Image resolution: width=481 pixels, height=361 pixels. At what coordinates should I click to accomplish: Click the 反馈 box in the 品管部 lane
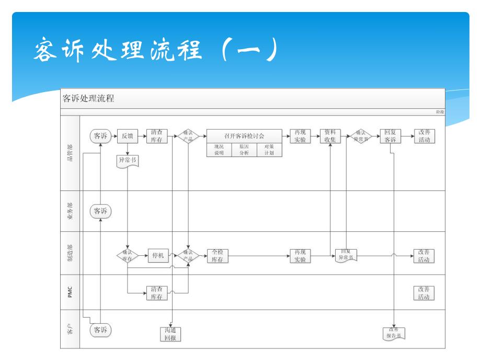click(127, 137)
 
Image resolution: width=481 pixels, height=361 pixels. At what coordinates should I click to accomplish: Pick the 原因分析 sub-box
click(244, 150)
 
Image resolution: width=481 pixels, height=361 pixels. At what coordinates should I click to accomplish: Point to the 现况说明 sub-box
click(219, 150)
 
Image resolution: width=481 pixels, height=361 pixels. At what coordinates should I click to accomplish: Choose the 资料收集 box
click(330, 137)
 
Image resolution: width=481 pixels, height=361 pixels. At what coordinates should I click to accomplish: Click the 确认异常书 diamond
click(361, 136)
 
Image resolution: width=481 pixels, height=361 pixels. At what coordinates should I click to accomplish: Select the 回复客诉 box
click(390, 137)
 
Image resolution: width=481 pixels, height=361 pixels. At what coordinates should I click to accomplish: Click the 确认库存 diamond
click(127, 255)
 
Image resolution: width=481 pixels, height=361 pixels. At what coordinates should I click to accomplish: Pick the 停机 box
click(158, 255)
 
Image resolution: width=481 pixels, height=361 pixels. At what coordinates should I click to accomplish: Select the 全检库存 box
click(217, 256)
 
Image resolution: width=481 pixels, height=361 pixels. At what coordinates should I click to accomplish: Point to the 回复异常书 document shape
click(347, 256)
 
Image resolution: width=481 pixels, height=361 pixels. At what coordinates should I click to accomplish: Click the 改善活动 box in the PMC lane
click(423, 293)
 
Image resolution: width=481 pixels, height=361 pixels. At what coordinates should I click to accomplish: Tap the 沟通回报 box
click(170, 334)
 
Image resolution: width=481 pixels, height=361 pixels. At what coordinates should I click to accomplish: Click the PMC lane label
click(71, 292)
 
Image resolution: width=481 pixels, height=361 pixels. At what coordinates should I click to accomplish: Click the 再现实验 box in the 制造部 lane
click(300, 256)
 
